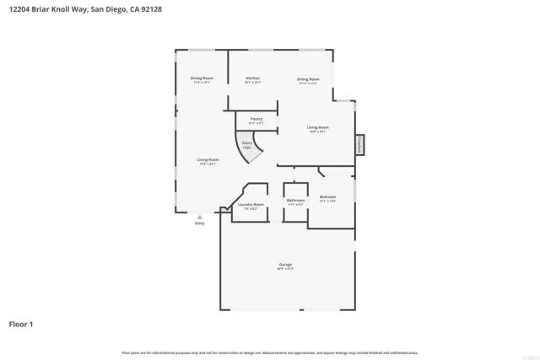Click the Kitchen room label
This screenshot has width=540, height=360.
[x=252, y=78]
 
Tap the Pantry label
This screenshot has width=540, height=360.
[x=256, y=119]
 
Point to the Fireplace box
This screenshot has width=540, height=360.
[x=360, y=145]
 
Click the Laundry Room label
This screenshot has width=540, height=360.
[x=251, y=204]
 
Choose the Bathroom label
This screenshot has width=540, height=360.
[x=295, y=200]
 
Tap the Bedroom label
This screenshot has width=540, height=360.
[x=328, y=196]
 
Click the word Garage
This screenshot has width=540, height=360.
[x=285, y=264]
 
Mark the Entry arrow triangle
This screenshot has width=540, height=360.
[x=200, y=216]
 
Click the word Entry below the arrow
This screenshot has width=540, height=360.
[x=200, y=223]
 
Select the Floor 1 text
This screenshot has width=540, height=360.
[x=21, y=323]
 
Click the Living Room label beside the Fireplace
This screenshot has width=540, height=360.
[x=317, y=127]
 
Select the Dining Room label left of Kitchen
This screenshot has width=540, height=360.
[x=202, y=78]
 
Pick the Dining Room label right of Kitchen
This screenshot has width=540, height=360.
[x=307, y=78]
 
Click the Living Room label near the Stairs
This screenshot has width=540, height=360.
[x=208, y=159]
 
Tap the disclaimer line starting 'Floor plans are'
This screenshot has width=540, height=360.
[x=269, y=352]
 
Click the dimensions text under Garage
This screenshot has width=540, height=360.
[x=285, y=269]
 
